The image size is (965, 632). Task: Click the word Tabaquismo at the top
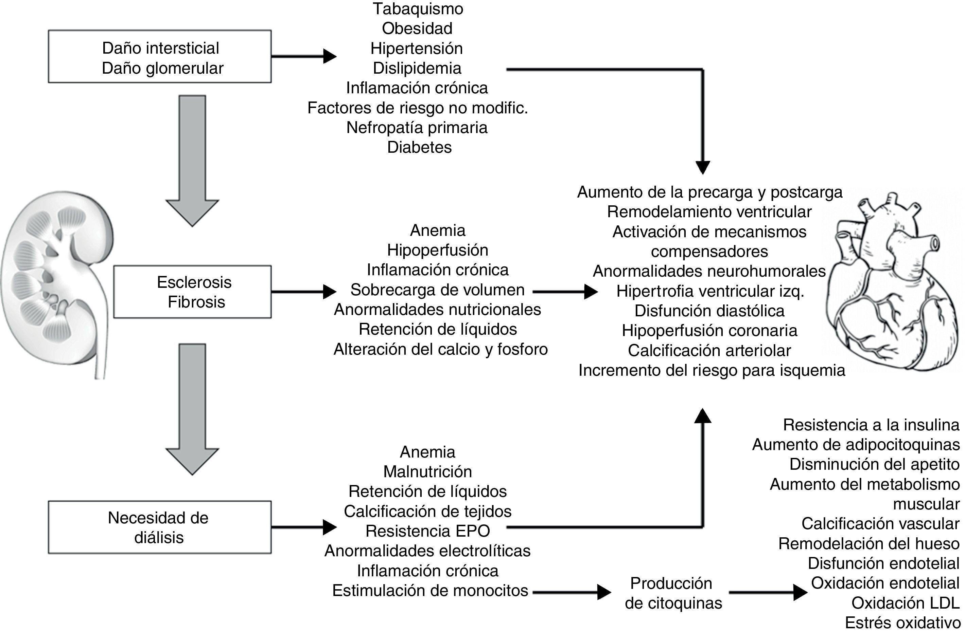pyautogui.click(x=418, y=9)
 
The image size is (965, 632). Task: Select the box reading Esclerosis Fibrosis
pyautogui.click(x=193, y=292)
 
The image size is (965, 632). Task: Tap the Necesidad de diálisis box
pyautogui.click(x=159, y=527)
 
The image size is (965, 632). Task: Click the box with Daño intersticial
pyautogui.click(x=159, y=57)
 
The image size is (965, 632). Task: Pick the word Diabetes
pyautogui.click(x=419, y=147)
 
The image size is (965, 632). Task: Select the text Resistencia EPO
pyautogui.click(x=428, y=531)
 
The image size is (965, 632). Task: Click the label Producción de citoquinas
pyautogui.click(x=673, y=593)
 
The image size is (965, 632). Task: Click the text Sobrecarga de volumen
pyautogui.click(x=437, y=290)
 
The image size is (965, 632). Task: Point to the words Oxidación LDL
pyautogui.click(x=905, y=603)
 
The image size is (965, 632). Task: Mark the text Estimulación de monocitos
pyautogui.click(x=430, y=591)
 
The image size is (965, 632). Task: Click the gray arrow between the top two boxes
pyautogui.click(x=192, y=160)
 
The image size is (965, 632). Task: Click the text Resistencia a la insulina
pyautogui.click(x=871, y=425)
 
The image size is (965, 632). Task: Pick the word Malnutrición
pyautogui.click(x=427, y=471)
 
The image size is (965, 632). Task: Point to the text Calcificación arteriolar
pyautogui.click(x=709, y=350)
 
